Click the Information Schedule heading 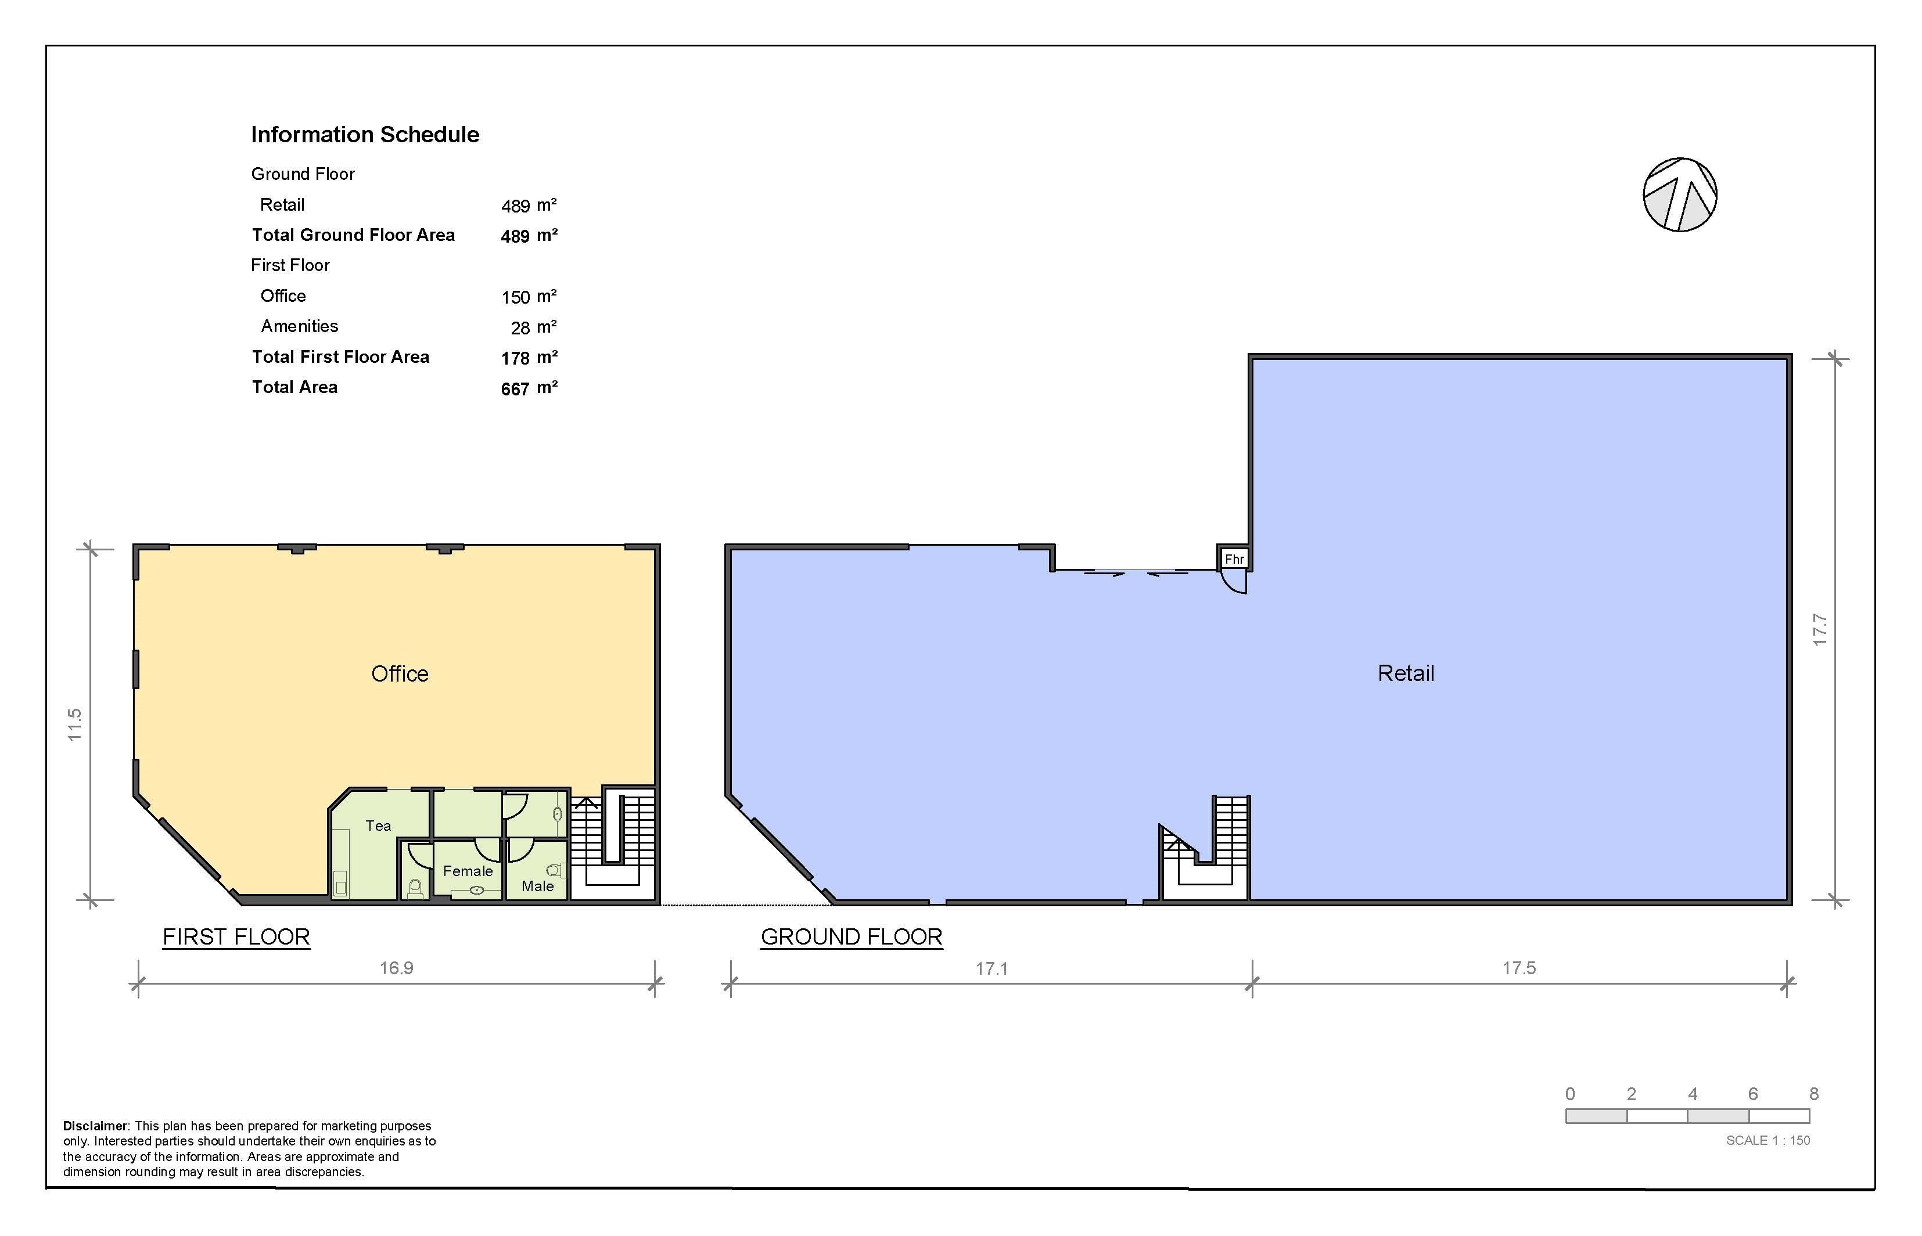click(x=365, y=134)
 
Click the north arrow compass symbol click(x=1680, y=194)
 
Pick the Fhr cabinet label click(x=1234, y=558)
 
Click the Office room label click(x=400, y=673)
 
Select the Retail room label click(x=1406, y=673)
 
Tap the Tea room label click(x=378, y=826)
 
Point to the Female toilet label click(x=468, y=871)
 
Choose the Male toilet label click(x=538, y=886)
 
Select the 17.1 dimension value click(x=991, y=969)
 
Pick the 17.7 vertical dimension click(x=1819, y=630)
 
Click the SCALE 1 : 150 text click(x=1768, y=1140)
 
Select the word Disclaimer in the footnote click(x=95, y=1126)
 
